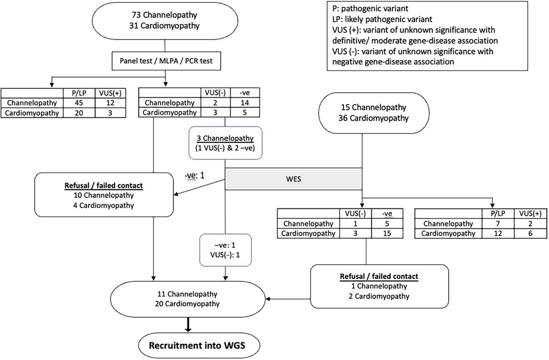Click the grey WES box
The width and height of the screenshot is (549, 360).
click(x=293, y=179)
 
